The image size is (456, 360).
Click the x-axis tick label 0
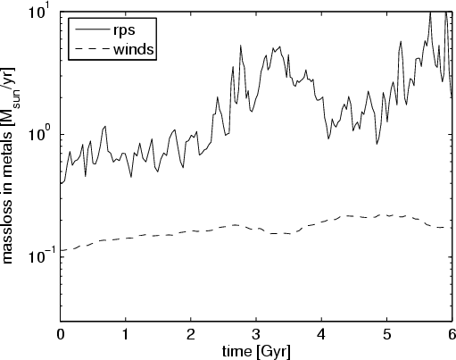click(61, 335)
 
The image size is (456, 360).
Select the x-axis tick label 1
click(126, 335)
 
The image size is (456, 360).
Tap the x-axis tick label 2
click(191, 335)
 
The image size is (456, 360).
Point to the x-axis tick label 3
click(256, 335)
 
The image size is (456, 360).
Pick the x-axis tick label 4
click(321, 335)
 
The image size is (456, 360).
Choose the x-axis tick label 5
click(386, 335)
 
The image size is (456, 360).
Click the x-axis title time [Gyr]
click(256, 352)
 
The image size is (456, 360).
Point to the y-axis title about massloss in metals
click(8, 165)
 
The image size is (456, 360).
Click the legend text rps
click(124, 30)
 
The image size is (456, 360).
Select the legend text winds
click(134, 49)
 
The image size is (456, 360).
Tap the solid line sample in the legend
click(93, 29)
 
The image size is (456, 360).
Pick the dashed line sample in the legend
click(93, 48)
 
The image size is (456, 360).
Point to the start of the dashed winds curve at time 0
click(61, 251)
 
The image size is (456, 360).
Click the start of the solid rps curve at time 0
click(61, 183)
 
